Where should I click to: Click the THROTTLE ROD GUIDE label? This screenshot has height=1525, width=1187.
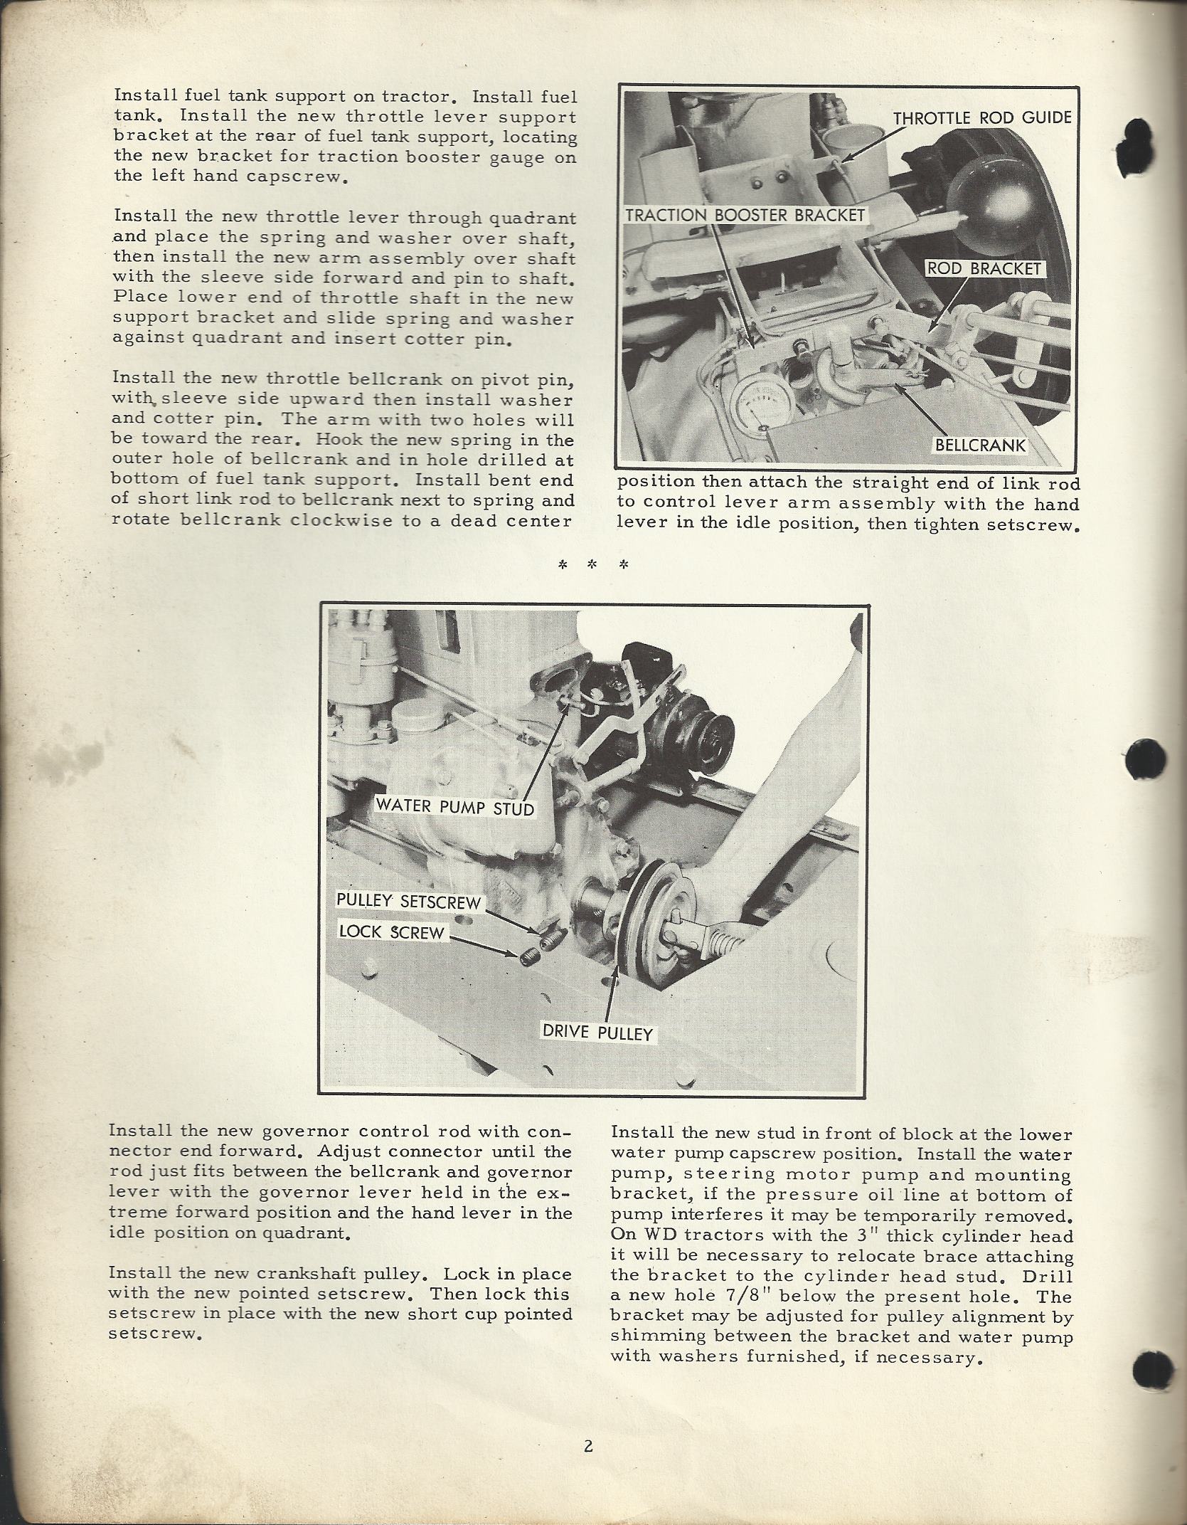(x=982, y=117)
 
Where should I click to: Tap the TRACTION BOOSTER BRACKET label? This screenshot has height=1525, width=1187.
(x=745, y=215)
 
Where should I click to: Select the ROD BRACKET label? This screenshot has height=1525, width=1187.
(x=984, y=269)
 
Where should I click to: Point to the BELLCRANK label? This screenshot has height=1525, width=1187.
(x=981, y=445)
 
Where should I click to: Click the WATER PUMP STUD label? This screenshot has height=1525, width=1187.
(x=454, y=807)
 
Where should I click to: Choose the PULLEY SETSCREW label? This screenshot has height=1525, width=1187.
(x=409, y=902)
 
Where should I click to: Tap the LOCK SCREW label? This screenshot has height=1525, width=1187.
(x=392, y=932)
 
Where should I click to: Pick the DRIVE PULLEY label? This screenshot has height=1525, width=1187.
(x=597, y=1033)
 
